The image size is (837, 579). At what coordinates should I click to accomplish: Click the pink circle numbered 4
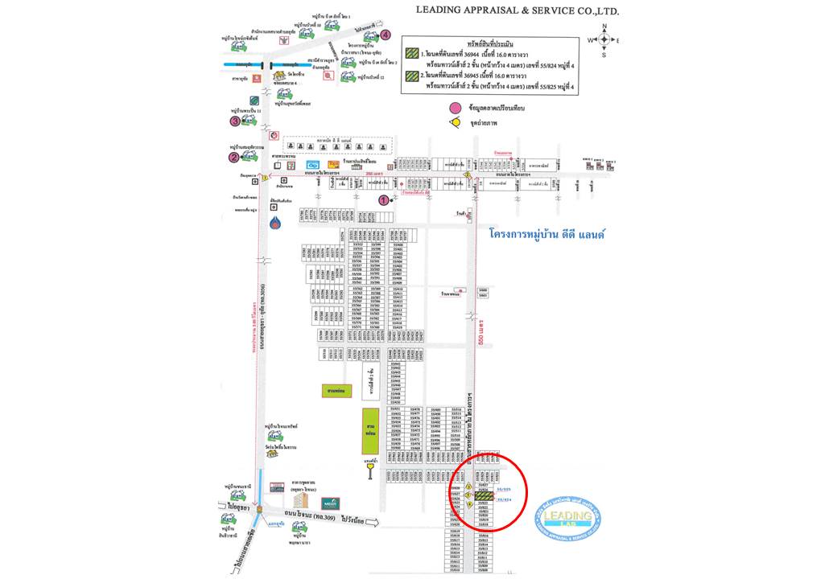(386, 35)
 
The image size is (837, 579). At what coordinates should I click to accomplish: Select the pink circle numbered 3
(235, 121)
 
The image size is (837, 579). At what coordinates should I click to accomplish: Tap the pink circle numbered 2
(233, 158)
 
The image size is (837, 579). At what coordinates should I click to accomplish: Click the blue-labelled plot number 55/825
(504, 488)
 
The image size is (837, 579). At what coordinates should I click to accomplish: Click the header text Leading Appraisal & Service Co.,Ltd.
(517, 11)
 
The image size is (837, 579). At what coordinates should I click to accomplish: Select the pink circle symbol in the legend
(456, 108)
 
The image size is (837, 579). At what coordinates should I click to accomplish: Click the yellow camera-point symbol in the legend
(456, 122)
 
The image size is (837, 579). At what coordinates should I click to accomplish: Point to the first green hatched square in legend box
(411, 54)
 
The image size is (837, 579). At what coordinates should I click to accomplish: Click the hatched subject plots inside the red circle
(484, 496)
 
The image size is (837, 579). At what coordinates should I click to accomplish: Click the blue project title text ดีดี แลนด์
(547, 234)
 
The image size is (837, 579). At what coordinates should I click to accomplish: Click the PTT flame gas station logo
(276, 223)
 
